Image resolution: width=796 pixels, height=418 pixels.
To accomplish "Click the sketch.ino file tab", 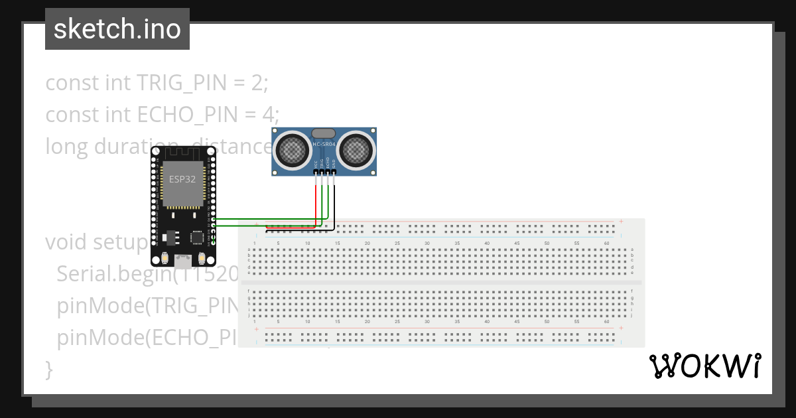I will (117, 29).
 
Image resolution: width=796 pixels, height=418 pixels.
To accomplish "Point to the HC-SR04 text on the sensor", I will (324, 143).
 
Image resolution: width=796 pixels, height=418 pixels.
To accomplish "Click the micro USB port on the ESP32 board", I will (182, 260).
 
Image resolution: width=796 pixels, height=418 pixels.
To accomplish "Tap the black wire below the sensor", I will (334, 206).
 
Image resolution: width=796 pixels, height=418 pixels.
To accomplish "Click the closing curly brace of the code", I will (48, 368).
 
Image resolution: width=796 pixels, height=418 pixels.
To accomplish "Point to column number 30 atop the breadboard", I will (427, 244).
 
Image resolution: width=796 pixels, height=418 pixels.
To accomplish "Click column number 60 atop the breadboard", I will (606, 244).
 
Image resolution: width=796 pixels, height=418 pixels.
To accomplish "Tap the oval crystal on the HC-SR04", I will (324, 133).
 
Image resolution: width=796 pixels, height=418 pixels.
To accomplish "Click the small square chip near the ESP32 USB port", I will (197, 237).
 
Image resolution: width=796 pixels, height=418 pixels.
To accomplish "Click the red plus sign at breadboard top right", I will (621, 221).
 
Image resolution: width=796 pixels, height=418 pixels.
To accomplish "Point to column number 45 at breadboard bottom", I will (517, 321).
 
